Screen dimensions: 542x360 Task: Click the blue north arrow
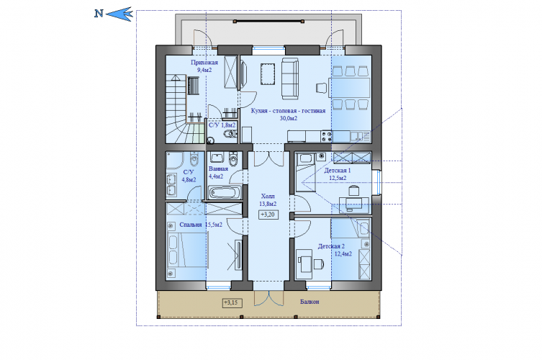119,14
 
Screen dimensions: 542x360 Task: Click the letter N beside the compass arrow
99,14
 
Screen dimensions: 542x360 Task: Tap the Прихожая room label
204,63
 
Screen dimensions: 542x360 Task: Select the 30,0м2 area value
289,118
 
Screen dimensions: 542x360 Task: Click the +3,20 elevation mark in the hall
268,215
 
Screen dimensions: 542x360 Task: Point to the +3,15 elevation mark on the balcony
232,302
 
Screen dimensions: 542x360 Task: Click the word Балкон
310,302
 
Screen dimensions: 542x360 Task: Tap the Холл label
268,197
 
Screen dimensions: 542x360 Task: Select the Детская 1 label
338,171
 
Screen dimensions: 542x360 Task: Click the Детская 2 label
331,246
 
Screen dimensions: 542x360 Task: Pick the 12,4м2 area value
343,254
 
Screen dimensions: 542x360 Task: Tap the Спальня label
191,225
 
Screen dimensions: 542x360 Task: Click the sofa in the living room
289,78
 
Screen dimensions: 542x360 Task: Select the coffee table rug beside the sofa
268,73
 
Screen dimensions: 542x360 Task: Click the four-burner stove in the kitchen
326,136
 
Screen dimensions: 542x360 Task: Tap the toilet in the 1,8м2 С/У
229,134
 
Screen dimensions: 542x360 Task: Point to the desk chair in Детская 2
319,264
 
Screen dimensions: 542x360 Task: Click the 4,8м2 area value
189,179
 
